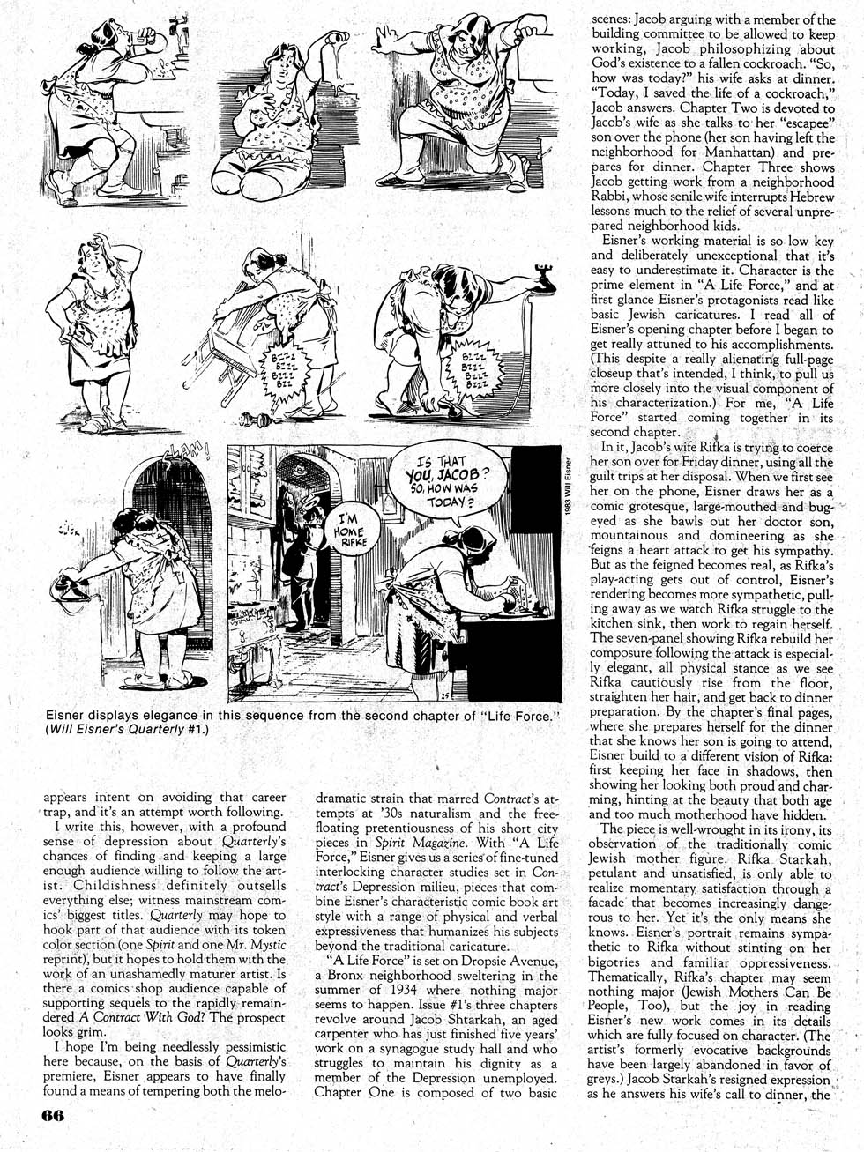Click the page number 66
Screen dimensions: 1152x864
click(52, 1113)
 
